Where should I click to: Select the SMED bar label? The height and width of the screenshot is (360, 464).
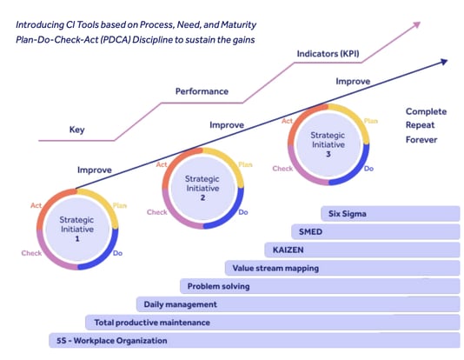click(311, 232)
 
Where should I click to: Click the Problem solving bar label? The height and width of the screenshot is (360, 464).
click(218, 286)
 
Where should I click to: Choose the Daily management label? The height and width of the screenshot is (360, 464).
click(181, 304)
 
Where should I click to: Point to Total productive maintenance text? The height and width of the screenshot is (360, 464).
click(152, 323)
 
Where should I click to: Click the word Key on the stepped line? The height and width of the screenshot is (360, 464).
click(77, 130)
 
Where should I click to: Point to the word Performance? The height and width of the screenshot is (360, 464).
click(202, 90)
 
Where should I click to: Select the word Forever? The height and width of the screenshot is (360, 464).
click(424, 139)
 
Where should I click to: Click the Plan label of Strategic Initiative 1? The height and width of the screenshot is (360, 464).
click(120, 206)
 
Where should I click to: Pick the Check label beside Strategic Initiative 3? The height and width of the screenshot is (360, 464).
click(282, 169)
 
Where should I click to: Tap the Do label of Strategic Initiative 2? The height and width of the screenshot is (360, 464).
click(243, 212)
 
